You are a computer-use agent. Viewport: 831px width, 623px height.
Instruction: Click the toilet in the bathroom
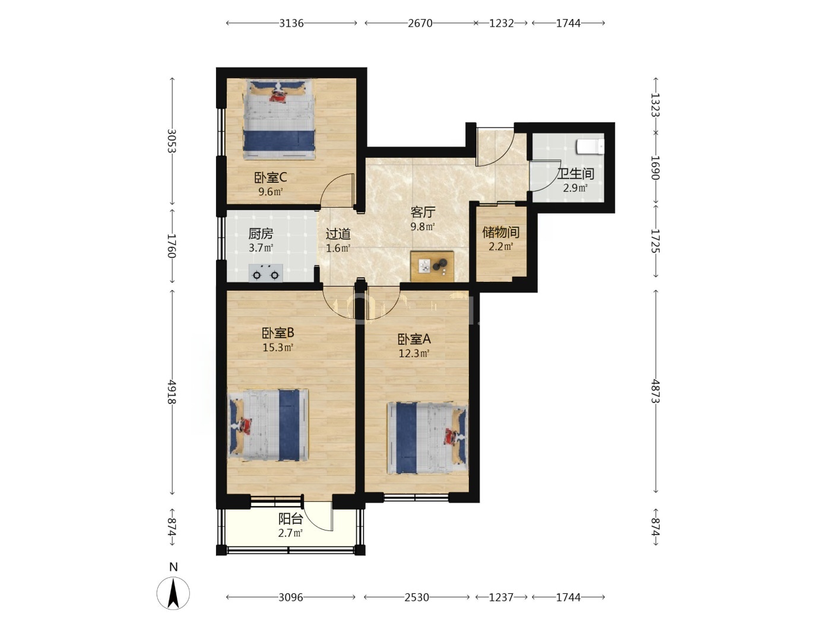pyautogui.click(x=590, y=147)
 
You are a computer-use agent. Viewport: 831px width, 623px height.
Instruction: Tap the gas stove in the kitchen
pyautogui.click(x=266, y=272)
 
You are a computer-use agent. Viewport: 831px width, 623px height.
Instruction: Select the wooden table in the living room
pyautogui.click(x=432, y=266)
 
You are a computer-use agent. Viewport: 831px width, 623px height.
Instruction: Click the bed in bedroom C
pyautogui.click(x=280, y=119)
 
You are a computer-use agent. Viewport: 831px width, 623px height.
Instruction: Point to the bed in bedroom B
pyautogui.click(x=268, y=425)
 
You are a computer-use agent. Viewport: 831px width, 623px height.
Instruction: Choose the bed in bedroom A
pyautogui.click(x=427, y=438)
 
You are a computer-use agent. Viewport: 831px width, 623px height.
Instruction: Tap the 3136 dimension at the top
pyautogui.click(x=291, y=23)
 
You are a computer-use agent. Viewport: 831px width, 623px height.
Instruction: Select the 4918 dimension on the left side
pyautogui.click(x=172, y=392)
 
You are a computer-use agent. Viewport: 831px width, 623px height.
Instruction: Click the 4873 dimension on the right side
pyautogui.click(x=656, y=391)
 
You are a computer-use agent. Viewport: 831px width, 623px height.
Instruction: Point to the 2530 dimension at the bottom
pyautogui.click(x=417, y=597)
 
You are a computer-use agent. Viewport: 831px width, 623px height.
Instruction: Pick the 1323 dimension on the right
pyautogui.click(x=656, y=105)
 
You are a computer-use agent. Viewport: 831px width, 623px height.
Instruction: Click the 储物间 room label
pyautogui.click(x=500, y=232)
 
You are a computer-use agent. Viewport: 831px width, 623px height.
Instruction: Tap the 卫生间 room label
pyautogui.click(x=575, y=174)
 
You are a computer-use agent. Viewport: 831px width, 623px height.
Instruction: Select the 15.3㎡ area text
pyautogui.click(x=278, y=347)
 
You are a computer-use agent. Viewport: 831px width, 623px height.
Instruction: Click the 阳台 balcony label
pyautogui.click(x=290, y=519)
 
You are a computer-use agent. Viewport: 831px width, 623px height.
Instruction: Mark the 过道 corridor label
pyautogui.click(x=338, y=234)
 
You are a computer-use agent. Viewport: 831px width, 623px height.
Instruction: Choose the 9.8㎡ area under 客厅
pyautogui.click(x=423, y=227)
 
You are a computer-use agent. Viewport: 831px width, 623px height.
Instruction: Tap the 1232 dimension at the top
pyautogui.click(x=501, y=23)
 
